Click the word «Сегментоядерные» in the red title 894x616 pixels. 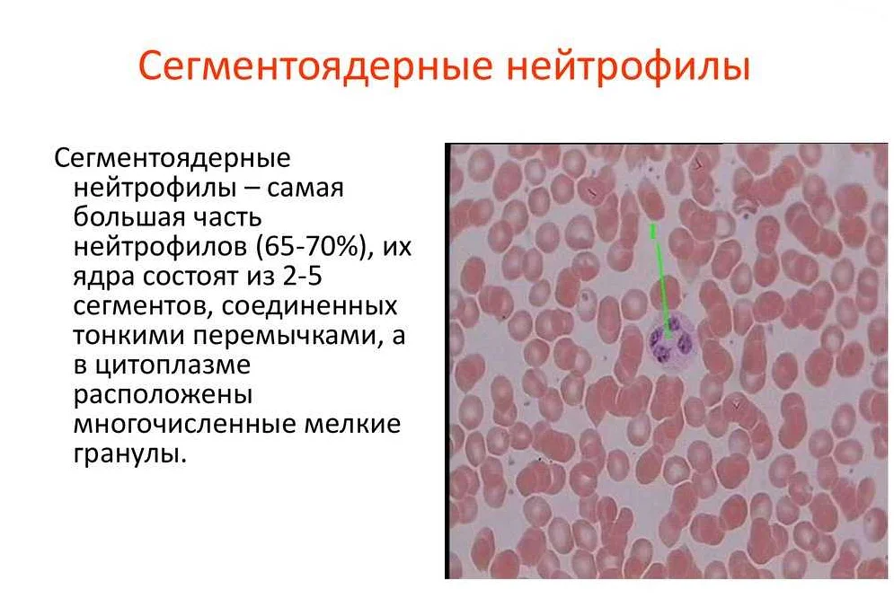tap(314, 66)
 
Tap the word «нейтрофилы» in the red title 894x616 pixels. tap(628, 66)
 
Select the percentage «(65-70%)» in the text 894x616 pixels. tap(313, 247)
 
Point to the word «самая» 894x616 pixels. tap(305, 189)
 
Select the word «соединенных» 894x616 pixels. tap(309, 306)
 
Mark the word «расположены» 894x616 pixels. tap(163, 396)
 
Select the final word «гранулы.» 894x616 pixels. tap(130, 455)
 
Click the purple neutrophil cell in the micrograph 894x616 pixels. tap(671, 342)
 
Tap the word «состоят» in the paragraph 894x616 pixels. tap(190, 277)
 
